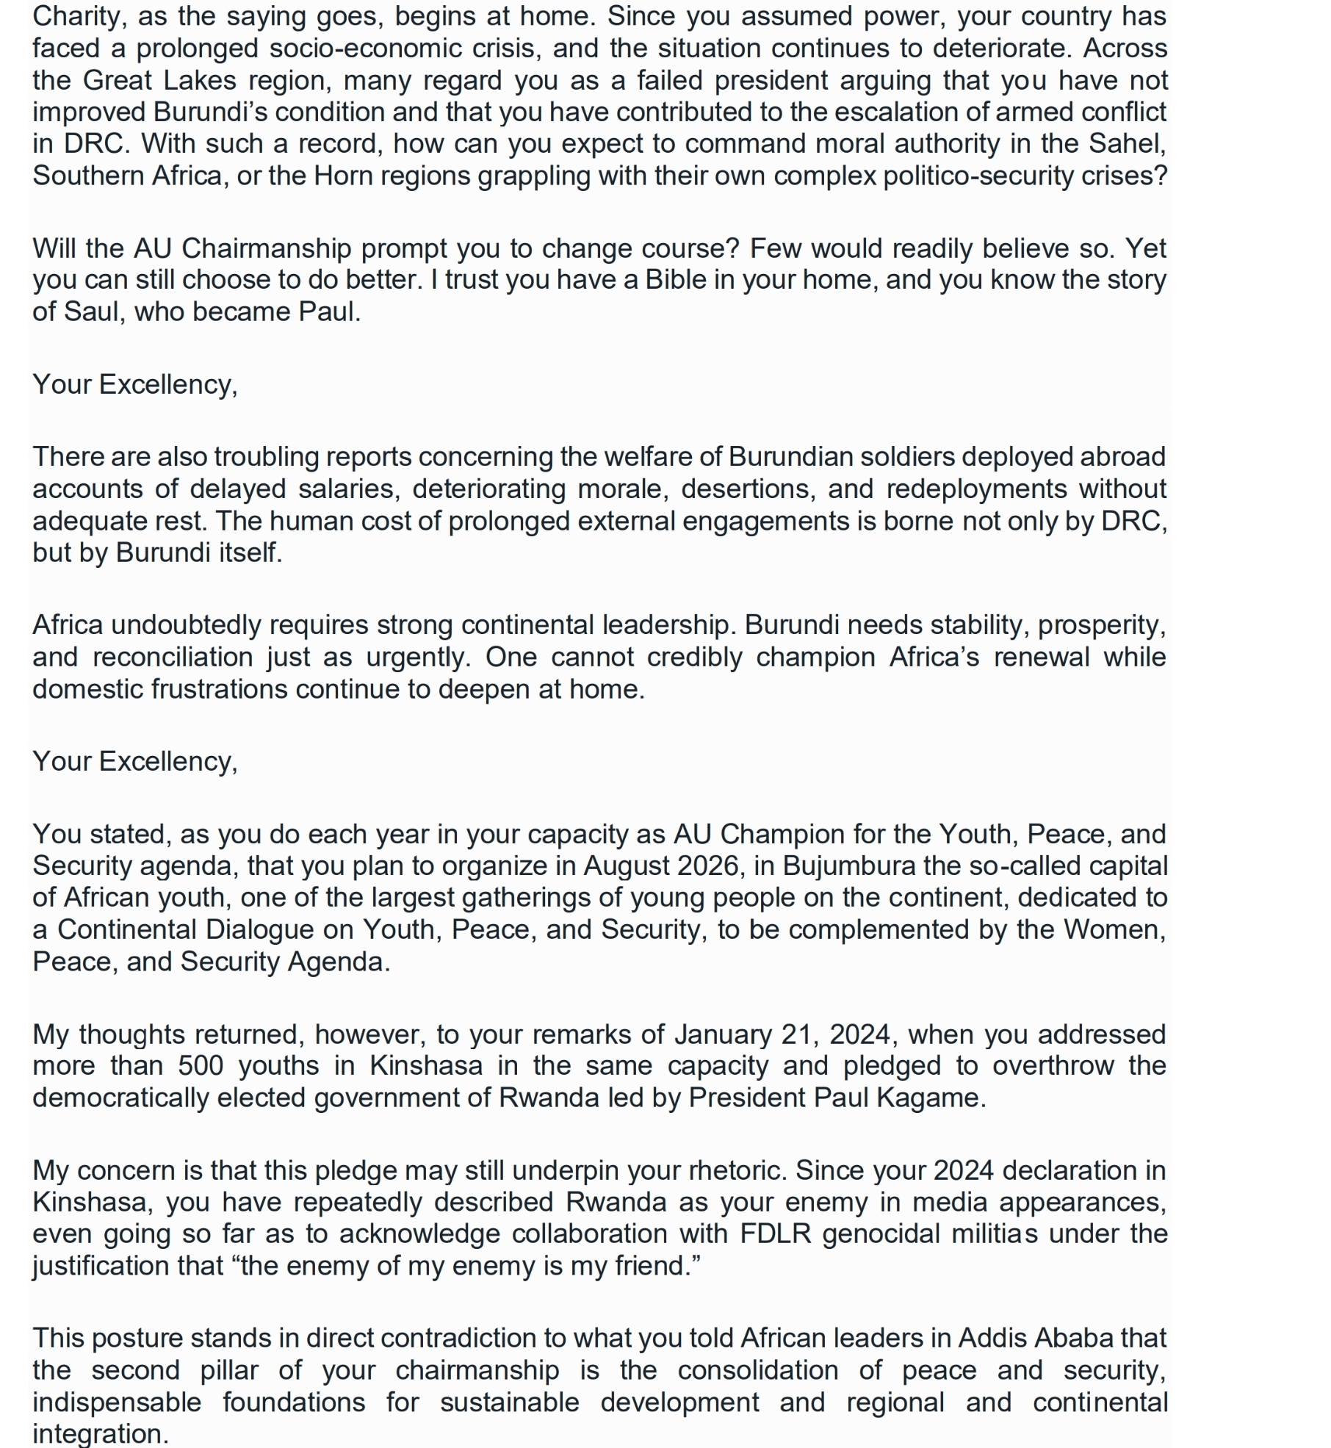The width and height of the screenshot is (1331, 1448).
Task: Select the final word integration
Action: pos(99,1433)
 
